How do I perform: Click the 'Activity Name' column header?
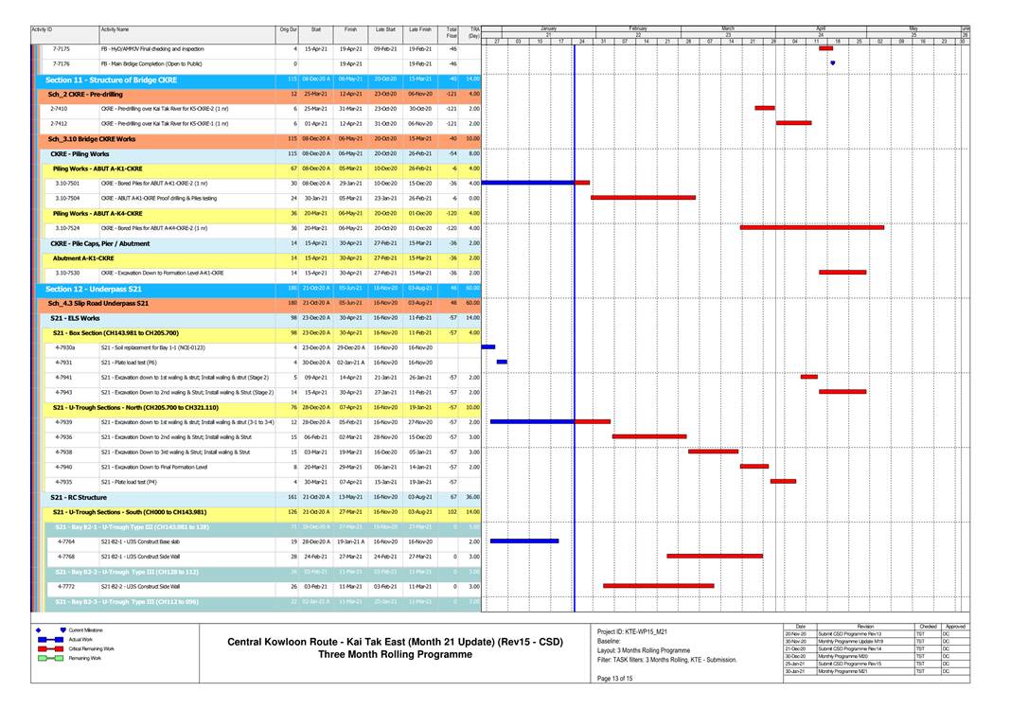pyautogui.click(x=115, y=30)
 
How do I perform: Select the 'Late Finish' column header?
pyautogui.click(x=419, y=30)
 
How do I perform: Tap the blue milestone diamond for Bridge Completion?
pyautogui.click(x=832, y=63)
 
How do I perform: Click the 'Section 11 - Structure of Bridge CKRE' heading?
pyautogui.click(x=111, y=80)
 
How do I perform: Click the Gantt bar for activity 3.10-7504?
pyautogui.click(x=643, y=198)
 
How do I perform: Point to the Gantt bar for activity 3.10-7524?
pyautogui.click(x=811, y=227)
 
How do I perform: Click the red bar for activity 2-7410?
pyautogui.click(x=764, y=108)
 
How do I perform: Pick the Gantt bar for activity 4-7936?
pyautogui.click(x=648, y=436)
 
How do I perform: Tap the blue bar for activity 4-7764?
pyautogui.click(x=523, y=541)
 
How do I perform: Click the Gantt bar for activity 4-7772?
pyautogui.click(x=658, y=586)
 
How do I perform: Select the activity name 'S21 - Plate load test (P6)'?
pyautogui.click(x=129, y=362)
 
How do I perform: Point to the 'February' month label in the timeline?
pyautogui.click(x=637, y=29)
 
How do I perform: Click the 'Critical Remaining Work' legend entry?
pyautogui.click(x=94, y=648)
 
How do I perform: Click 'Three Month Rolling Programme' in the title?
pyautogui.click(x=394, y=654)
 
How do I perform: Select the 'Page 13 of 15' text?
pyautogui.click(x=614, y=678)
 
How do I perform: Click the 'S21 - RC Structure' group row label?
pyautogui.click(x=79, y=497)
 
